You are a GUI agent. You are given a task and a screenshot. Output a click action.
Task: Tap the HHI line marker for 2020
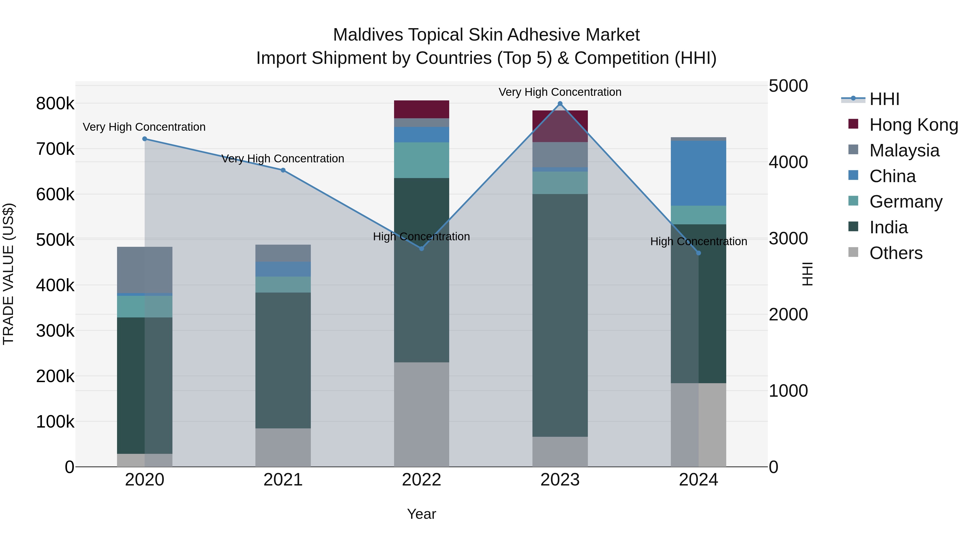(145, 139)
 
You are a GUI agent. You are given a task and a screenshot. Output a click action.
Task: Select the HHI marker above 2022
(422, 248)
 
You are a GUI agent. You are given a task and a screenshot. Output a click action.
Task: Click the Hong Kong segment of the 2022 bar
(422, 109)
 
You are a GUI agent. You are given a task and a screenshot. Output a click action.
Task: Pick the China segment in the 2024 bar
(698, 173)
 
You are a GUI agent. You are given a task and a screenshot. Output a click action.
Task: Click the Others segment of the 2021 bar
(283, 447)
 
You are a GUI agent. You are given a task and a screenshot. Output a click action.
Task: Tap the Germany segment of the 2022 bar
(422, 160)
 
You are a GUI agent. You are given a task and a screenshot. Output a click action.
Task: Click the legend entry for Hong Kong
(913, 125)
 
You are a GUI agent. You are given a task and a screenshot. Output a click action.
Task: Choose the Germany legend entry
(905, 202)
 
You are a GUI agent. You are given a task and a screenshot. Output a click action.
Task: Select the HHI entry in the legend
(884, 99)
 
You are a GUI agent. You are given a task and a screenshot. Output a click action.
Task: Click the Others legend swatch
(853, 252)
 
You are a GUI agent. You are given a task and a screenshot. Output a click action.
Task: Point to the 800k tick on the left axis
(55, 104)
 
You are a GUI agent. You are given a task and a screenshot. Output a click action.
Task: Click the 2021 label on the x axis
(283, 480)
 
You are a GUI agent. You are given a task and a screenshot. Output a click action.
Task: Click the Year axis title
(422, 514)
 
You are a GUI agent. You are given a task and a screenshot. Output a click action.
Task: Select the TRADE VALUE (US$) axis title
(8, 274)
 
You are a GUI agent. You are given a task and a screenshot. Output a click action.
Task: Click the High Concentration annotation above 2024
(698, 241)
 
